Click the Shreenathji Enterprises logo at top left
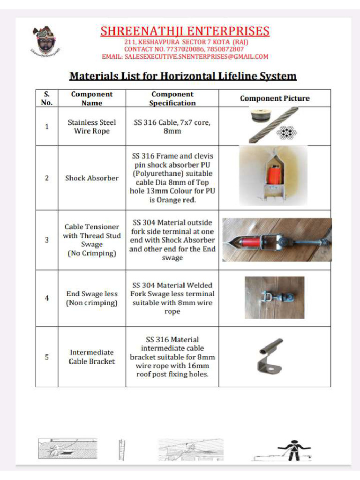click(x=46, y=40)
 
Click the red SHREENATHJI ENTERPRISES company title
click(x=185, y=31)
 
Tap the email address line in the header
click(x=185, y=57)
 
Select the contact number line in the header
click(x=184, y=49)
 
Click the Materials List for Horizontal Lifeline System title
click(x=183, y=76)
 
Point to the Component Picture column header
click(x=275, y=98)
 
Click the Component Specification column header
click(x=172, y=98)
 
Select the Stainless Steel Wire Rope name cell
click(x=92, y=127)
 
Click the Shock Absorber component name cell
click(x=92, y=178)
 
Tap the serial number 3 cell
click(x=47, y=240)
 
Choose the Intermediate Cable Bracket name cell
click(x=92, y=357)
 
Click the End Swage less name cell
click(x=92, y=298)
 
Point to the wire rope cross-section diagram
click(x=287, y=133)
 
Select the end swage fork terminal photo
click(x=274, y=298)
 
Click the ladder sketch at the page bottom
click(x=122, y=450)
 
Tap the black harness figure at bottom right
click(x=293, y=450)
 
